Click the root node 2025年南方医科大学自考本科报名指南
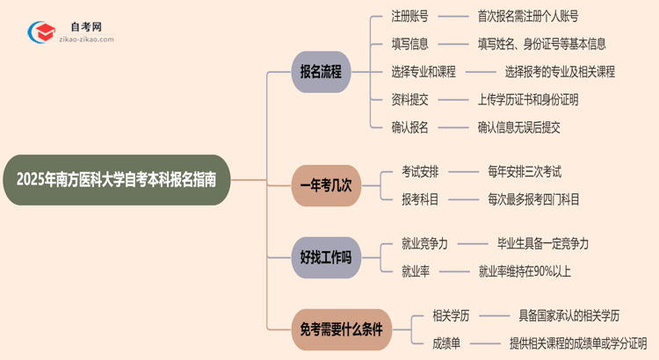123,180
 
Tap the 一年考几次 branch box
326,185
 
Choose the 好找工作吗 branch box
326,257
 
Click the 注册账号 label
410,15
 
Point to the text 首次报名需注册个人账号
527,15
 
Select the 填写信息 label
410,43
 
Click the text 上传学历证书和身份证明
528,99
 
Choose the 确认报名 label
410,127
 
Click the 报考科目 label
420,199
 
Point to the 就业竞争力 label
425,243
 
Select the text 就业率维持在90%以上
525,271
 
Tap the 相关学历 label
452,315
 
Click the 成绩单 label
446,343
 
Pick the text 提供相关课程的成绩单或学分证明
578,343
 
